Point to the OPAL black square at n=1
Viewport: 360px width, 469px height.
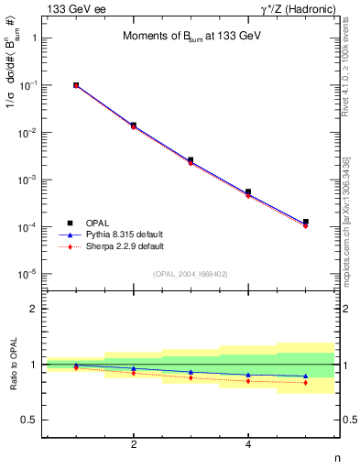tap(76, 85)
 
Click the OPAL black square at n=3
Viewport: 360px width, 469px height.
tap(191, 160)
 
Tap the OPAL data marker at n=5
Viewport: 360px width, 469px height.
tap(305, 222)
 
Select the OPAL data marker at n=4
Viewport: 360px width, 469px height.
tap(248, 191)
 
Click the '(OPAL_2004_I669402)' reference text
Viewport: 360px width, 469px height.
tap(190, 273)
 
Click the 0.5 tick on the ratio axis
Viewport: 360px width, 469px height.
tap(31, 420)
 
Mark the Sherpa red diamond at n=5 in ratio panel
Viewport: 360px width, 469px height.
tap(305, 383)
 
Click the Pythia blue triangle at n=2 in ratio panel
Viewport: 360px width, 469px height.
tap(134, 368)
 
